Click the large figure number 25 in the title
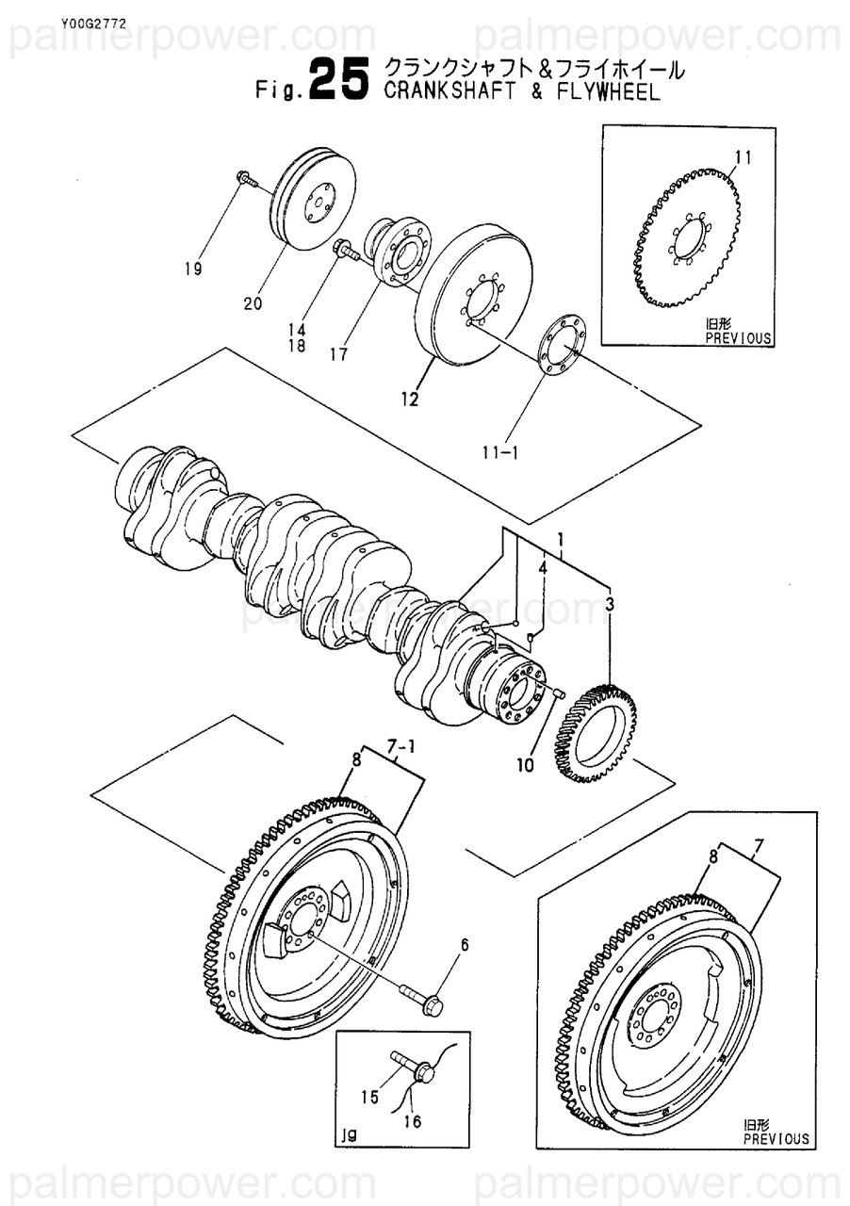(337, 81)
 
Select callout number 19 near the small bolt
(193, 269)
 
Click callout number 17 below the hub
(338, 355)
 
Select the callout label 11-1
(500, 452)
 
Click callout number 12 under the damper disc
(409, 399)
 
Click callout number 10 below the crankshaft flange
(525, 765)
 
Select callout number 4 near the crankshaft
(544, 567)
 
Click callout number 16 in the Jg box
(413, 1120)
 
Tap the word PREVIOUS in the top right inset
(738, 337)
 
